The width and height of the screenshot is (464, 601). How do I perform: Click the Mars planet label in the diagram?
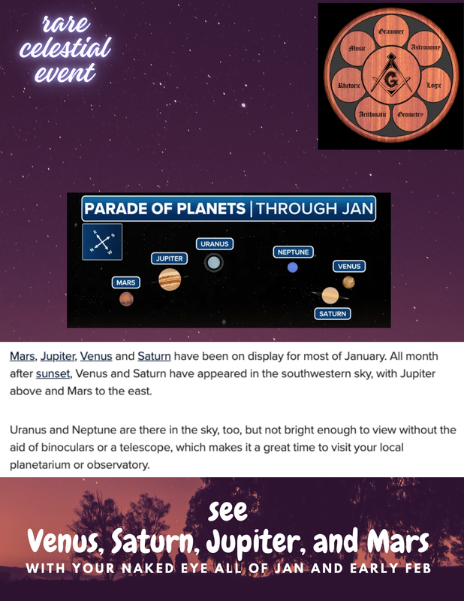[125, 282]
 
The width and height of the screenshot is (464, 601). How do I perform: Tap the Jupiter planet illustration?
[170, 279]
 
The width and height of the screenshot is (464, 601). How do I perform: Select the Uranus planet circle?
[214, 263]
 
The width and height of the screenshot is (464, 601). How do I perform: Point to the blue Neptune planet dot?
[292, 267]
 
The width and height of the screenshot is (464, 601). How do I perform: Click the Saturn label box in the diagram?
[333, 313]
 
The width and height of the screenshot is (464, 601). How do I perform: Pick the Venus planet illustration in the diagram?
[348, 282]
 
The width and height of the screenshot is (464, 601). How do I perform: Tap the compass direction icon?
[102, 242]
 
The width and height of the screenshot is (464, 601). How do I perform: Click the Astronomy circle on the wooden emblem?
[425, 48]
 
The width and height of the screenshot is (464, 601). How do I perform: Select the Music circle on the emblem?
[357, 49]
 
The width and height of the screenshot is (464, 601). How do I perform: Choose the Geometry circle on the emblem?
[410, 114]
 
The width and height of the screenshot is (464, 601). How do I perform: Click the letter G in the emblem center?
[391, 81]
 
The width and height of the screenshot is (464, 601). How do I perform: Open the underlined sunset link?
[53, 373]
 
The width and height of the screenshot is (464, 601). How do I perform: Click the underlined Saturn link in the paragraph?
[154, 356]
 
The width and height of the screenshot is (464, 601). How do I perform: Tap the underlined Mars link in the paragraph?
[23, 356]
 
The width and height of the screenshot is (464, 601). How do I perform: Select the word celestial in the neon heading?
[65, 47]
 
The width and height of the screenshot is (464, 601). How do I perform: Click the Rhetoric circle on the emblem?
[348, 85]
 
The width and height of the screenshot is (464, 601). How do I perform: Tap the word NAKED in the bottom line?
[148, 569]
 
